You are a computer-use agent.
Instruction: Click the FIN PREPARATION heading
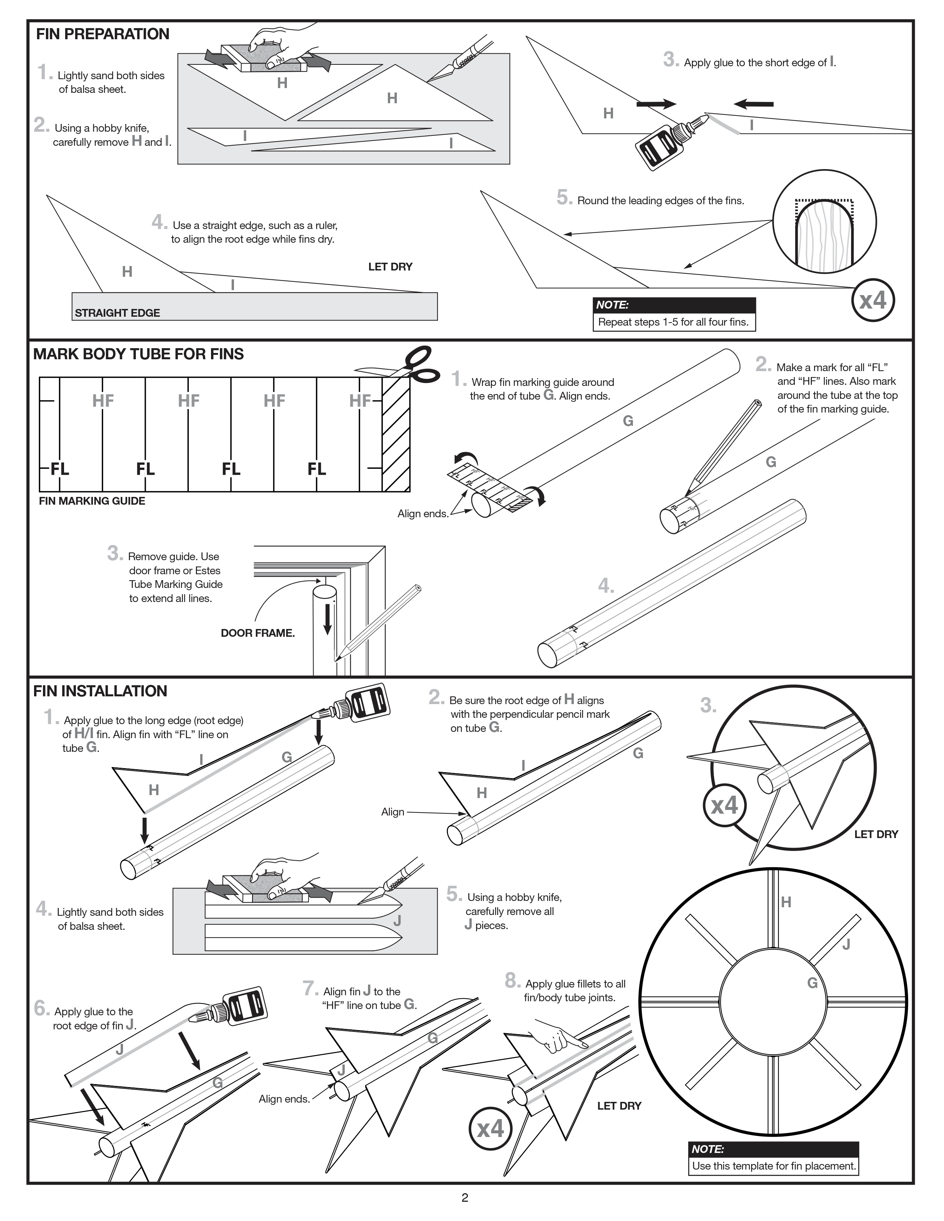click(x=102, y=34)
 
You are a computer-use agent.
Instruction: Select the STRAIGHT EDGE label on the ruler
click(x=117, y=313)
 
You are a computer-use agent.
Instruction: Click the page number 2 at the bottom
click(x=465, y=1198)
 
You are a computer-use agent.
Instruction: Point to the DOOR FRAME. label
click(x=258, y=633)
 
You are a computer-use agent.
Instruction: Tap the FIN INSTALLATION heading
click(x=100, y=691)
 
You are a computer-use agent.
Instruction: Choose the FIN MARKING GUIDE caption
click(x=92, y=501)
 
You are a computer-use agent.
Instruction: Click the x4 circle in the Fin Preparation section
click(x=873, y=301)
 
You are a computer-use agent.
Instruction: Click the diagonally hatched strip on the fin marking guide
click(x=396, y=434)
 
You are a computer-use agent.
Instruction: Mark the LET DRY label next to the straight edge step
click(x=390, y=267)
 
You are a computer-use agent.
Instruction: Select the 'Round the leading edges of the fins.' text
click(x=660, y=201)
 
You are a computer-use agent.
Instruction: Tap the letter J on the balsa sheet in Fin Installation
click(x=397, y=920)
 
